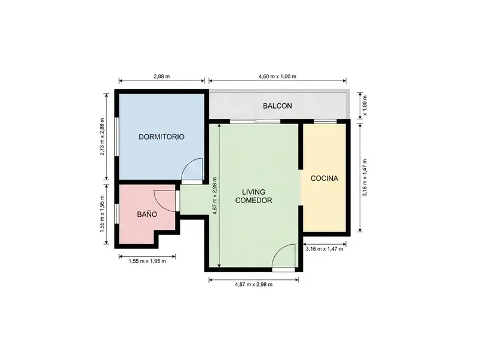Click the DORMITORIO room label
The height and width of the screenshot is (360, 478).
pyautogui.click(x=161, y=137)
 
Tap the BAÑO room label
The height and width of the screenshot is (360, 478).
pyautogui.click(x=147, y=214)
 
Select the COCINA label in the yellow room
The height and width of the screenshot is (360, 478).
pyautogui.click(x=324, y=179)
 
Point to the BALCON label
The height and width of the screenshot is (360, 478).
pyautogui.click(x=277, y=106)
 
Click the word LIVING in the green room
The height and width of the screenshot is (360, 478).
pyautogui.click(x=253, y=192)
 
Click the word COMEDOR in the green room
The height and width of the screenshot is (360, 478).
pyautogui.click(x=253, y=201)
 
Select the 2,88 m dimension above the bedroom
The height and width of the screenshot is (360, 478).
pyautogui.click(x=161, y=76)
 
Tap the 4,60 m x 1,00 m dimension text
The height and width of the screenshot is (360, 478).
pyautogui.click(x=277, y=76)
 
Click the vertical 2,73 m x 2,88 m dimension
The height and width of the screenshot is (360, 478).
pyautogui.click(x=102, y=137)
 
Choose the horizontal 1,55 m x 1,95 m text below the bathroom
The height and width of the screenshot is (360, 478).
pyautogui.click(x=147, y=261)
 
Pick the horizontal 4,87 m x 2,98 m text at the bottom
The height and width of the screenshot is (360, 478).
pyautogui.click(x=253, y=284)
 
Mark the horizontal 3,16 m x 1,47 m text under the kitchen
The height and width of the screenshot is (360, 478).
pyautogui.click(x=324, y=249)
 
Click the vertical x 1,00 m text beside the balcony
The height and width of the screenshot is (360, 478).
pyautogui.click(x=365, y=106)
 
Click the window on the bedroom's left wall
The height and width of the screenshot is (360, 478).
pyautogui.click(x=117, y=137)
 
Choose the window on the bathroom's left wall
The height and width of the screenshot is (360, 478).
pyautogui.click(x=117, y=214)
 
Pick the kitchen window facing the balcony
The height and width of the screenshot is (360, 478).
pyautogui.click(x=325, y=122)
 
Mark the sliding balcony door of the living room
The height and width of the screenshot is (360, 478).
pyautogui.click(x=255, y=122)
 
